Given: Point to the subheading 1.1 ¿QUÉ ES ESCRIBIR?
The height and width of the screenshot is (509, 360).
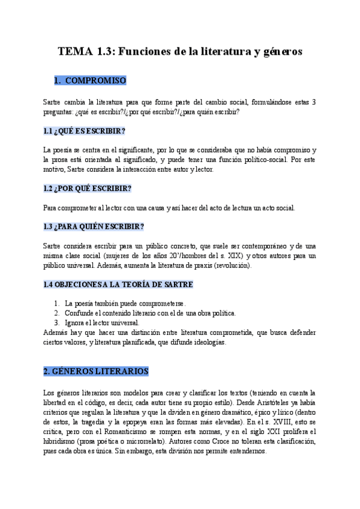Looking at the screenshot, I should [84, 131].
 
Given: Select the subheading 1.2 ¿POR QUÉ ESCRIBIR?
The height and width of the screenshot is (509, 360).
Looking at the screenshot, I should [87, 188].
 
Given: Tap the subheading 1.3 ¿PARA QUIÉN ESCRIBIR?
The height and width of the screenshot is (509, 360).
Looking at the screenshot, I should [94, 226].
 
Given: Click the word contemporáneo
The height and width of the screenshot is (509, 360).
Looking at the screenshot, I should [255, 245].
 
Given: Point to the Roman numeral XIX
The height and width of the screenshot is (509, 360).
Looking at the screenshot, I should [230, 256].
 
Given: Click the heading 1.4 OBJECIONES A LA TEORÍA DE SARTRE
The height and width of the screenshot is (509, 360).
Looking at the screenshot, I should [118, 284].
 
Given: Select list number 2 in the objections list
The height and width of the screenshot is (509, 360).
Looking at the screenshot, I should [56, 313].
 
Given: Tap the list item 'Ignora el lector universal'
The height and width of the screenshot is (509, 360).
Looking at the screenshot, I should [101, 322].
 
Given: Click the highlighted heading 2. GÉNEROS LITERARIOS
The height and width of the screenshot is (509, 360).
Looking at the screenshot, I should [96, 372].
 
